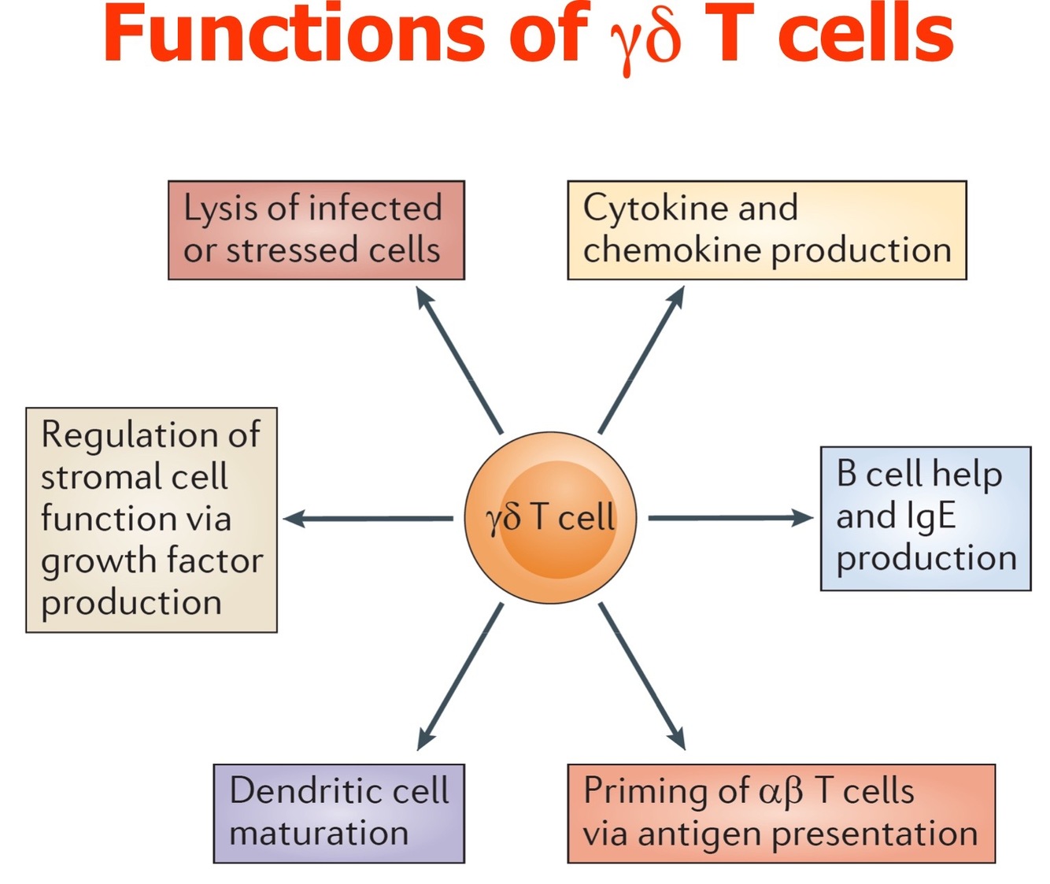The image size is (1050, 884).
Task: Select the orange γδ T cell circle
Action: click(x=549, y=517)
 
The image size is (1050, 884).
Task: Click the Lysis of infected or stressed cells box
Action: click(x=316, y=230)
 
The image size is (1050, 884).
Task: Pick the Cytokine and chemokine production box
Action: click(x=767, y=230)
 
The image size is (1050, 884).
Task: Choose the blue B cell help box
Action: click(x=926, y=518)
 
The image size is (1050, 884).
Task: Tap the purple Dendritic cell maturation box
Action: click(x=339, y=813)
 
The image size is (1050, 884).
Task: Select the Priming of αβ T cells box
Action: click(x=781, y=813)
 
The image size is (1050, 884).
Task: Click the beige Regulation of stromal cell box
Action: click(x=151, y=520)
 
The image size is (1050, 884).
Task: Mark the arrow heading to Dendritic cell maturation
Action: click(x=460, y=676)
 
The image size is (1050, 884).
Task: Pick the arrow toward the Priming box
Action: click(x=641, y=676)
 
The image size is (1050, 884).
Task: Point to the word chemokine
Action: click(x=673, y=250)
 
